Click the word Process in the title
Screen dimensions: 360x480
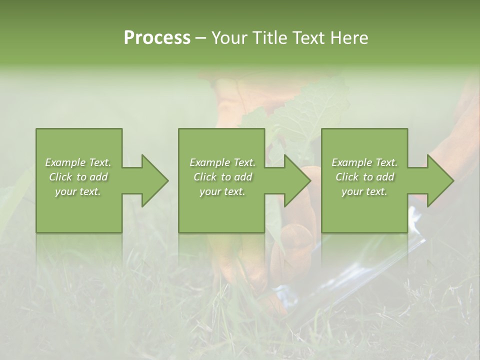pyautogui.click(x=157, y=38)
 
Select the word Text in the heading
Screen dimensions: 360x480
pyautogui.click(x=308, y=38)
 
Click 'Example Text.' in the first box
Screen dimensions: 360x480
pyautogui.click(x=78, y=162)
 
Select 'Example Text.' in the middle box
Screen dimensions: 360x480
pyautogui.click(x=222, y=162)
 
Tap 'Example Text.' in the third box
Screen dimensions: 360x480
pyautogui.click(x=364, y=162)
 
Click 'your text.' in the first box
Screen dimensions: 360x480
pyautogui.click(x=78, y=191)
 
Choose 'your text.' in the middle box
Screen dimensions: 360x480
pyautogui.click(x=222, y=191)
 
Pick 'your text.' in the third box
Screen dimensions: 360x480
pyautogui.click(x=364, y=191)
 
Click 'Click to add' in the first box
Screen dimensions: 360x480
pyautogui.click(x=78, y=177)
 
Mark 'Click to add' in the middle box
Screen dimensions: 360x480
pyautogui.click(x=222, y=177)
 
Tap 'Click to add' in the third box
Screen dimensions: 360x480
pyautogui.click(x=364, y=177)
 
